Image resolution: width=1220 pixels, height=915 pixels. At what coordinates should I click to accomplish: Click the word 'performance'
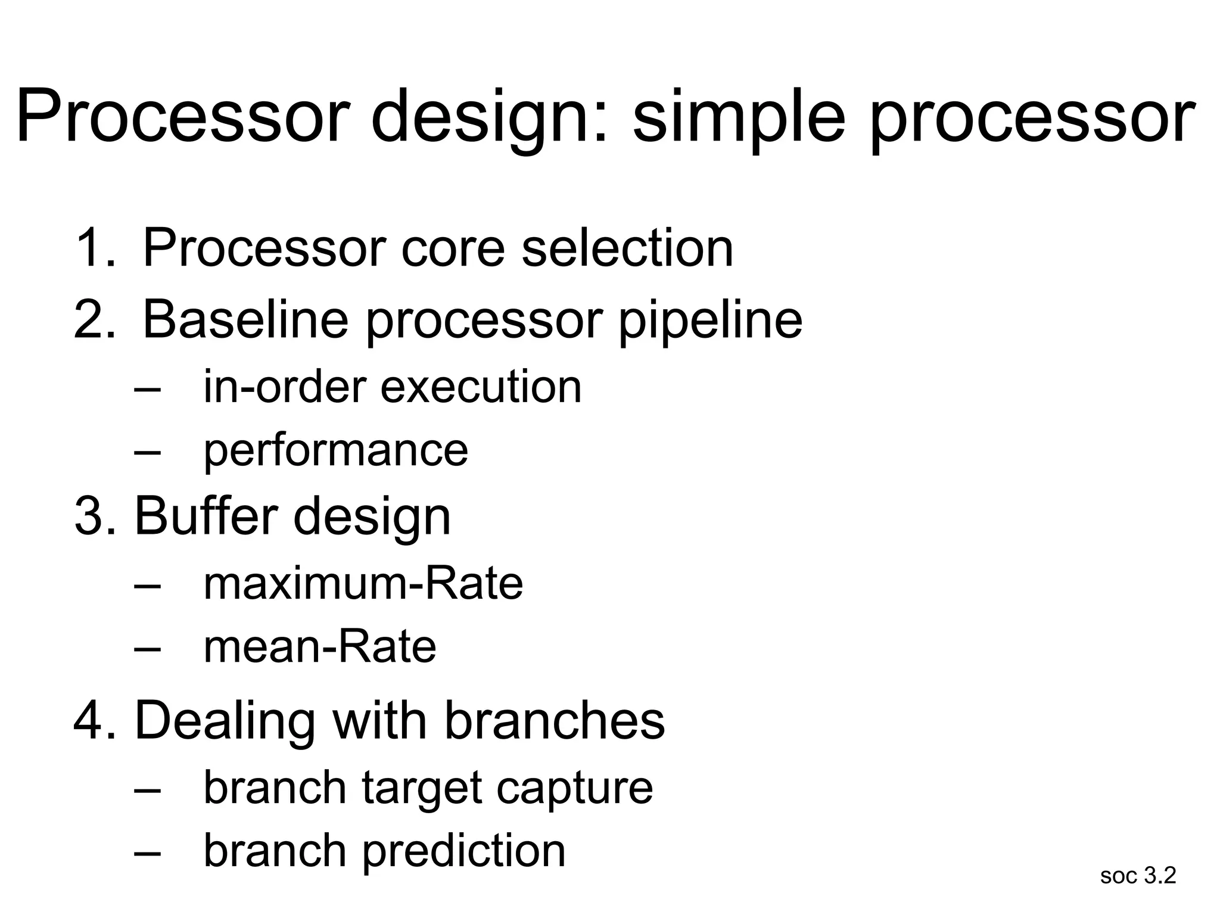tap(336, 452)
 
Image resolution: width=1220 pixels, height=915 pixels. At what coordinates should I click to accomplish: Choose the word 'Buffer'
tap(206, 516)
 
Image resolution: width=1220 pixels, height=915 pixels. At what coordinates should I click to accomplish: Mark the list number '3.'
tap(95, 516)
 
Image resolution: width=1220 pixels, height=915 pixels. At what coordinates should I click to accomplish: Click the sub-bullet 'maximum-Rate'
tap(363, 583)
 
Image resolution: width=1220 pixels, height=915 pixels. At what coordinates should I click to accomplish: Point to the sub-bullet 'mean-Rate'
tap(320, 648)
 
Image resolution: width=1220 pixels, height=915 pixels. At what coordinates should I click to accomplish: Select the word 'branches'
tap(555, 721)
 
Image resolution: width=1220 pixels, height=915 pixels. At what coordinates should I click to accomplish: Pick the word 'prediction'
tap(463, 852)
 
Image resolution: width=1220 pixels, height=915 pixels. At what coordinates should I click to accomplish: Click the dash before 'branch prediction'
tap(148, 852)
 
